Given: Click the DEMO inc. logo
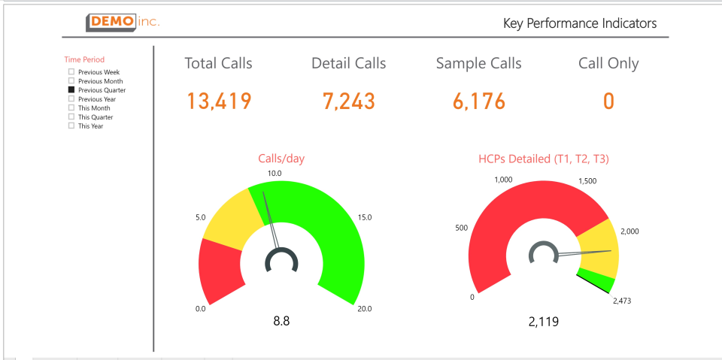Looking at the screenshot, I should pyautogui.click(x=123, y=22).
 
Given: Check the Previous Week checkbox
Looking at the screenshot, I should pyautogui.click(x=71, y=72).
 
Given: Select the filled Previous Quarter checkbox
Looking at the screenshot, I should pyautogui.click(x=71, y=90).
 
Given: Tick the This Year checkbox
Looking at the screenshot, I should pyautogui.click(x=71, y=126).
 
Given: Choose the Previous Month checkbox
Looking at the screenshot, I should pyautogui.click(x=71, y=81).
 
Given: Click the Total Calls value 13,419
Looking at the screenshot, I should pyautogui.click(x=219, y=101).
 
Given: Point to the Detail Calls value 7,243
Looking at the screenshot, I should pyautogui.click(x=348, y=101).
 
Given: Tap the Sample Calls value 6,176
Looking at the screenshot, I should pyautogui.click(x=479, y=101).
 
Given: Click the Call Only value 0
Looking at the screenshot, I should pyautogui.click(x=608, y=101).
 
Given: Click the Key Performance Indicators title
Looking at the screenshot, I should pyautogui.click(x=580, y=23).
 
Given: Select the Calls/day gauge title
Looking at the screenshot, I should pyautogui.click(x=281, y=159).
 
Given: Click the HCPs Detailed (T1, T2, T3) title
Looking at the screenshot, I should pyautogui.click(x=544, y=159).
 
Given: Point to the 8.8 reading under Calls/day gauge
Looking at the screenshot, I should pyautogui.click(x=281, y=321).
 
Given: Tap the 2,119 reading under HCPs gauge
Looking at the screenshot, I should pyautogui.click(x=544, y=322).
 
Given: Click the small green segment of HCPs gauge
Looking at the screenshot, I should pyautogui.click(x=598, y=280).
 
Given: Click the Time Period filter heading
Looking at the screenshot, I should pyautogui.click(x=84, y=59).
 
